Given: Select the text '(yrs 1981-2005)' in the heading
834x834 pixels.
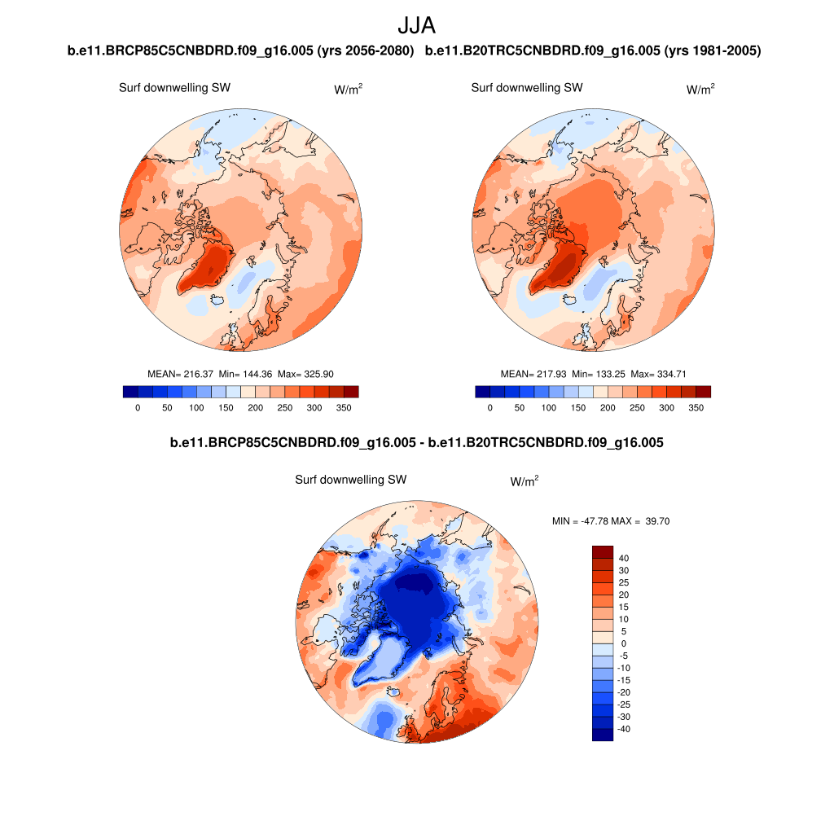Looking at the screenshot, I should click(713, 51).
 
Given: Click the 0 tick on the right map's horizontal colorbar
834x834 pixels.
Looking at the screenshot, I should click(490, 407).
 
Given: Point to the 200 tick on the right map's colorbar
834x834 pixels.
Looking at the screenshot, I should click(608, 407).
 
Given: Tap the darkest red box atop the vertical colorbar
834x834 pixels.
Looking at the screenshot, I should click(602, 551).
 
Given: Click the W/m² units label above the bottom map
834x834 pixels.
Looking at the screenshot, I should click(524, 482).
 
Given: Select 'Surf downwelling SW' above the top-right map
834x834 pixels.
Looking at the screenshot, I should click(527, 88).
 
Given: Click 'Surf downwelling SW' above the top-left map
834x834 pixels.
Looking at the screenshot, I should click(174, 88).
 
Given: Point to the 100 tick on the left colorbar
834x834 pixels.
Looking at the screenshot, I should click(196, 407).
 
